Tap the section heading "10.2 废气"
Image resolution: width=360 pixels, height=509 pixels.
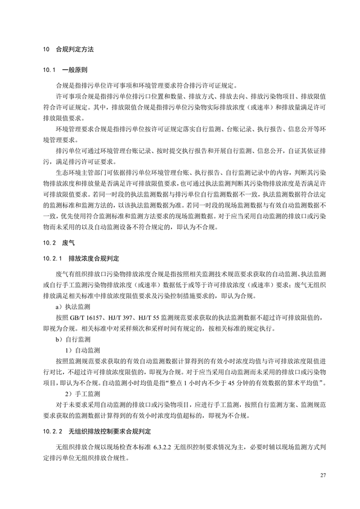point(55,244)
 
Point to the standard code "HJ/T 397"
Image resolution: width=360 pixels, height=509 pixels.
point(116,317)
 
